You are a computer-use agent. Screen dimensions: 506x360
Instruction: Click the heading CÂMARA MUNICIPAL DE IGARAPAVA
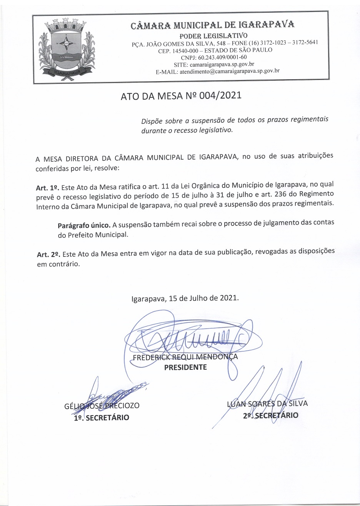point(213,26)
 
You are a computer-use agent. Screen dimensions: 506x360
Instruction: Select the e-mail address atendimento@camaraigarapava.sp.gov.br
point(229,71)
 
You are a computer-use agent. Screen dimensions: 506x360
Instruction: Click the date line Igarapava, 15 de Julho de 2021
point(185,298)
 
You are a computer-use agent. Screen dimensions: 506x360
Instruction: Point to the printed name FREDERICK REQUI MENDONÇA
point(185,357)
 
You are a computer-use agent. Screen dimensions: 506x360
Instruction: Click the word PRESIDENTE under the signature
point(185,367)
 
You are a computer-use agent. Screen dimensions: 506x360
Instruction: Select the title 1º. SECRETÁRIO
point(102,417)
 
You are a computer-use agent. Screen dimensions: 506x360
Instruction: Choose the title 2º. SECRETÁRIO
point(270,415)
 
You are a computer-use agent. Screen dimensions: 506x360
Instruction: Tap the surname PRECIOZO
point(124,406)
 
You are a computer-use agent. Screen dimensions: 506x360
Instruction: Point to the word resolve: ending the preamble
point(107,169)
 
